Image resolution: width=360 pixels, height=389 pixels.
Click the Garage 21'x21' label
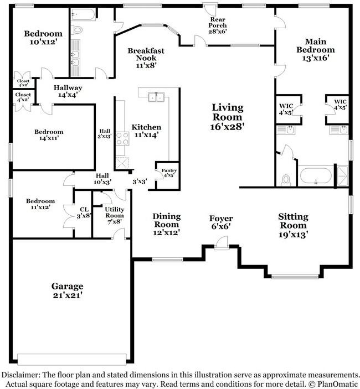(x=68, y=291)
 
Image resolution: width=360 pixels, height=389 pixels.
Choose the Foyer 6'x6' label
(x=220, y=222)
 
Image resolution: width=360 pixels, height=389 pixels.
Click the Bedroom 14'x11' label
(x=49, y=135)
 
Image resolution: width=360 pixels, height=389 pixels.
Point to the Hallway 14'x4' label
(x=68, y=91)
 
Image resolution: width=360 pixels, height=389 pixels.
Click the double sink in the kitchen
(x=156, y=97)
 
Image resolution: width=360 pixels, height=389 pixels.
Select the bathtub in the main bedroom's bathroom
(x=315, y=177)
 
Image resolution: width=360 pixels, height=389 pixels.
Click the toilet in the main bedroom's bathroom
(x=286, y=179)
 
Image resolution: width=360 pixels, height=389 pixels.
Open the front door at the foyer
(x=220, y=242)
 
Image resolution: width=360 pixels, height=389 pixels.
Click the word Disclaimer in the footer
(x=20, y=375)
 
